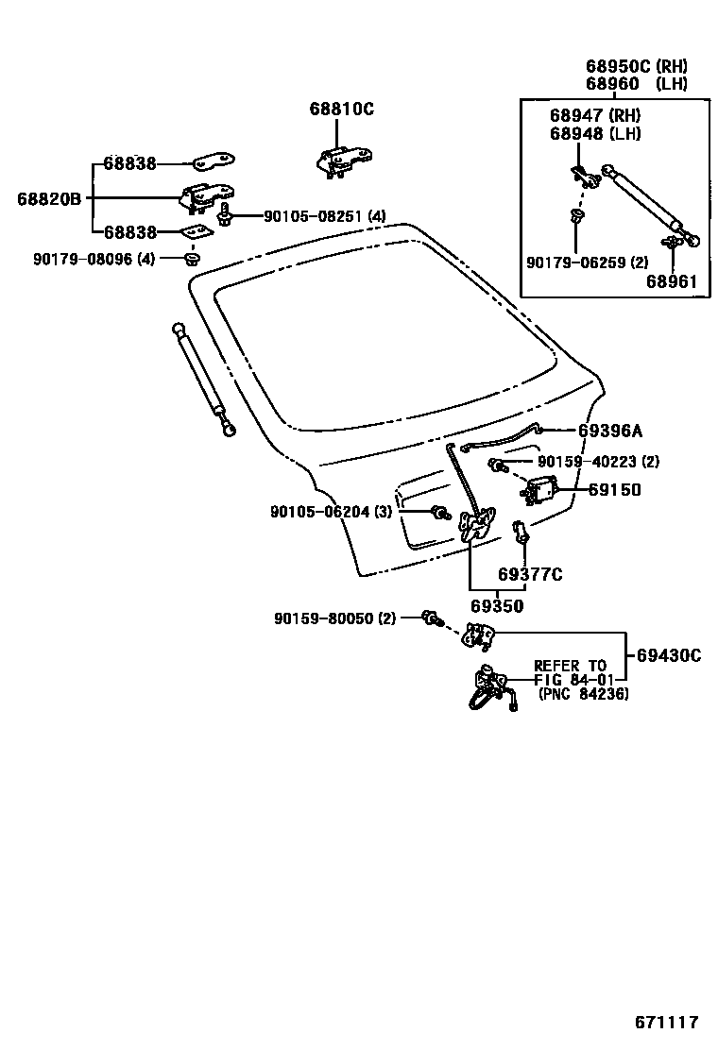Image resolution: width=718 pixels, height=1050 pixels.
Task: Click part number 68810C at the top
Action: tap(341, 109)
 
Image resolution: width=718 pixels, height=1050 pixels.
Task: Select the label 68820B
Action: tap(49, 198)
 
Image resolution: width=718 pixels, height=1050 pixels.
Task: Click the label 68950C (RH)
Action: tap(636, 66)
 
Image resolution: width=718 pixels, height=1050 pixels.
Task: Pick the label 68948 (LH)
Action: tap(595, 133)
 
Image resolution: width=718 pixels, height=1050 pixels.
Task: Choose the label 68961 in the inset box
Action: tap(672, 280)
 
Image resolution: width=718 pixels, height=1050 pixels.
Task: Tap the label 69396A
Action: tap(609, 431)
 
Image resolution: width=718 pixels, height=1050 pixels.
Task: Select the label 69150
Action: tap(614, 489)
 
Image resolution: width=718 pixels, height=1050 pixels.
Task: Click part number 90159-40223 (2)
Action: tap(598, 462)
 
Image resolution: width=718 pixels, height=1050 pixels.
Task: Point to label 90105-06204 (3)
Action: tap(331, 511)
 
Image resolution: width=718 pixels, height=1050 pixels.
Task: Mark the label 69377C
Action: tap(530, 574)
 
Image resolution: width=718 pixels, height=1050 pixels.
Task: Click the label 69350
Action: tap(497, 605)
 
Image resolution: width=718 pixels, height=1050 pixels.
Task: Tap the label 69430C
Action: tap(668, 654)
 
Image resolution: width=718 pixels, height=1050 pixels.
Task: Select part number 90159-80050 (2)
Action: tap(335, 618)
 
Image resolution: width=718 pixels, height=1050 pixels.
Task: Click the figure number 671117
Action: tap(666, 1022)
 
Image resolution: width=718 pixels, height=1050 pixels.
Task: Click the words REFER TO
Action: tap(571, 666)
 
